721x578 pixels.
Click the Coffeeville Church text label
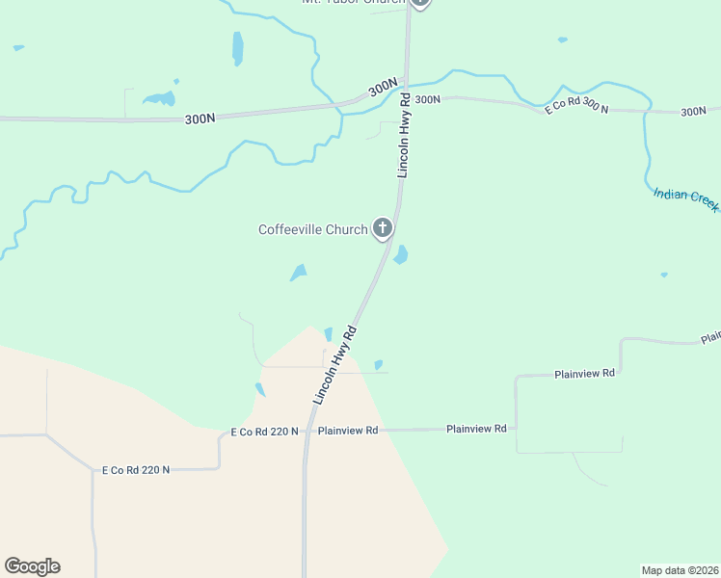pos(312,229)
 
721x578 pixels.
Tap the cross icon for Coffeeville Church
pos(383,228)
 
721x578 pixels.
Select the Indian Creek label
pos(686,199)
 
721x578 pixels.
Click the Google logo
pos(32,566)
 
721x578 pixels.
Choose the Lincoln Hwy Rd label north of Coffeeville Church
pos(405,135)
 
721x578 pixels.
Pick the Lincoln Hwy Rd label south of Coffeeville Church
pos(334,364)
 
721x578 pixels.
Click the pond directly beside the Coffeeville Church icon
pos(400,254)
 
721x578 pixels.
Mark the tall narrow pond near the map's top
pos(237,47)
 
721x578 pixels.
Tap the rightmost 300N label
pos(693,112)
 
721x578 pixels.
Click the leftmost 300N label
pos(200,118)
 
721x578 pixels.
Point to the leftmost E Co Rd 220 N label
pos(135,470)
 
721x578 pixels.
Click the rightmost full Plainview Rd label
pos(584,373)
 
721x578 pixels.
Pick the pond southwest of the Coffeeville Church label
pos(299,273)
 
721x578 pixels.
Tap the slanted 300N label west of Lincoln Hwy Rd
pos(383,89)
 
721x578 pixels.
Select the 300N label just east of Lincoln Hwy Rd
pos(428,99)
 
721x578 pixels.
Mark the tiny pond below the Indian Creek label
pos(663,275)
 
